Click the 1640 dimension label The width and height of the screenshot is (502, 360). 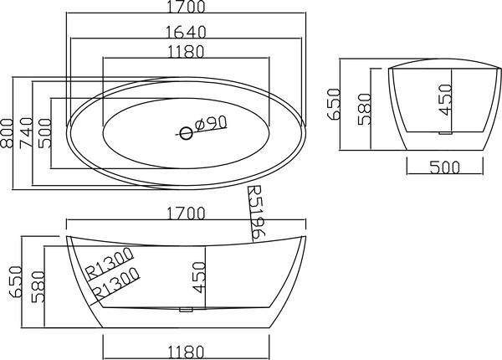(x=187, y=31)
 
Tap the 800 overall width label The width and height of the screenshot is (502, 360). (x=7, y=133)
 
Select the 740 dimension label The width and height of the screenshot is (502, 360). (x=26, y=133)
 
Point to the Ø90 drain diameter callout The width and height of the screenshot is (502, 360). (x=211, y=123)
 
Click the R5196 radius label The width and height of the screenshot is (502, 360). (x=257, y=213)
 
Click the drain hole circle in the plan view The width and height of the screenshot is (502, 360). (x=186, y=133)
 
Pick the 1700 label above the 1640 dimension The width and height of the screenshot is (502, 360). (x=187, y=7)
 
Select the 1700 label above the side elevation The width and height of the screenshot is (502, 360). (x=187, y=213)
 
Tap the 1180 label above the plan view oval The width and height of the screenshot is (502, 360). (x=186, y=52)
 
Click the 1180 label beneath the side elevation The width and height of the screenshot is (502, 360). (x=186, y=352)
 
